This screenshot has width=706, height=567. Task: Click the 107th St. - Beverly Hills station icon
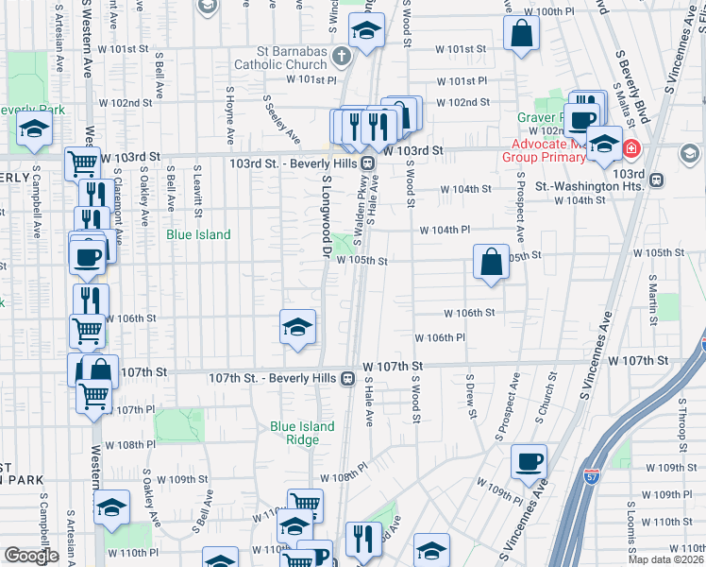point(348,378)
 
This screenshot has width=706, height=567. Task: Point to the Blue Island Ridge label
point(302,433)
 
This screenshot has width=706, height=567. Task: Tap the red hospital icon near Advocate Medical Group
point(629,149)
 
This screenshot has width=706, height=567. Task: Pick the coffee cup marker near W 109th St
point(529,461)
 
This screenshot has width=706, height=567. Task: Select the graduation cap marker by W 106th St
point(297,327)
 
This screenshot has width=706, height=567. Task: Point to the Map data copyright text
point(664,559)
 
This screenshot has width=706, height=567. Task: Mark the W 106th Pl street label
point(441,337)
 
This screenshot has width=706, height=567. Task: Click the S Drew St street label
point(470,393)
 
